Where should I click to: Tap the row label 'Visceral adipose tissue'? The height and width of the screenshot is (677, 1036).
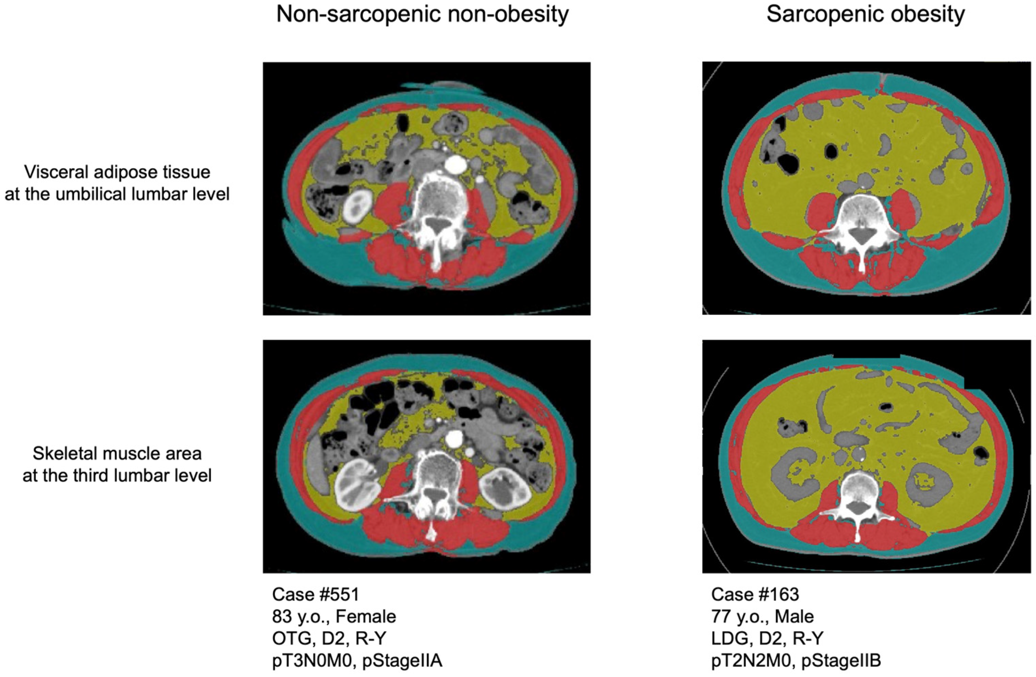[117, 172]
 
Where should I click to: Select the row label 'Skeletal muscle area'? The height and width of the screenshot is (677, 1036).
[117, 453]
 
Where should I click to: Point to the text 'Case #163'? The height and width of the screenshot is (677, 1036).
[755, 594]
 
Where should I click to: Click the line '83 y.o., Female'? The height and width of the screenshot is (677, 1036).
[334, 616]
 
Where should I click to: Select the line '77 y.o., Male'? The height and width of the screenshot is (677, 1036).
[762, 616]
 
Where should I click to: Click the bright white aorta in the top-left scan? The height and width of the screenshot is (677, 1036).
[455, 164]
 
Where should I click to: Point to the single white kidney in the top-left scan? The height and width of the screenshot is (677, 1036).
[357, 204]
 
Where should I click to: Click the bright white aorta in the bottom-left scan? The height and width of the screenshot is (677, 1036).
[454, 437]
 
